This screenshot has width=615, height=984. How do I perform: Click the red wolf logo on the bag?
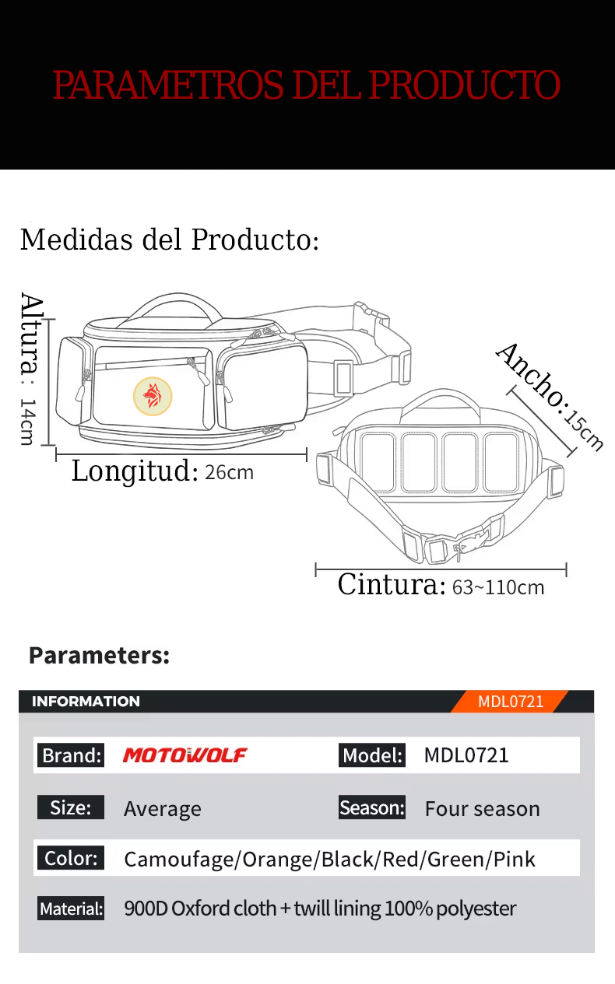coord(153,396)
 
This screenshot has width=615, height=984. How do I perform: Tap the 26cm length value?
coord(230,473)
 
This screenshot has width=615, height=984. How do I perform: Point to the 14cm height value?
coord(27,422)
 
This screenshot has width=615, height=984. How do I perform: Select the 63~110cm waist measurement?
coord(498,587)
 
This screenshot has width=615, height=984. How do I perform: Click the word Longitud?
coord(135,471)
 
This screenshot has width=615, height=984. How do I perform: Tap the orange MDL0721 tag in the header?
coord(511,702)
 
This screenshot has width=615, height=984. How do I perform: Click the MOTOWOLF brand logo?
coord(185,755)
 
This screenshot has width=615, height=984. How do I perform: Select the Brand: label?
coord(71,755)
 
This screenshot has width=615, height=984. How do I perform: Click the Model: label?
coord(372,755)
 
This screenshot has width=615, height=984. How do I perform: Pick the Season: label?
coord(372,807)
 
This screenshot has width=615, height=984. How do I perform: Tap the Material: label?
coord(71,909)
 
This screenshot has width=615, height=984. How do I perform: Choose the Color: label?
coord(71,858)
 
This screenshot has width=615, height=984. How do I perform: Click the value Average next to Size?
coord(163,809)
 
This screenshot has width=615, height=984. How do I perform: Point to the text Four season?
coord(482,809)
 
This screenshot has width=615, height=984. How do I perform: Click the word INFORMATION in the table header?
coord(86,702)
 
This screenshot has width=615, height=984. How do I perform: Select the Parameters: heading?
coord(100,656)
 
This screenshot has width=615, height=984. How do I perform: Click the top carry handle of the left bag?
coord(178,299)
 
